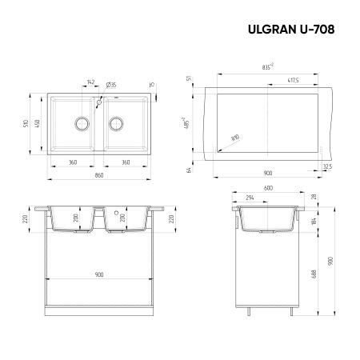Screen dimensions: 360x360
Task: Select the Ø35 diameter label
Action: pyautogui.click(x=111, y=82)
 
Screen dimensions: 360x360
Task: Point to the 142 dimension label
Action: pyautogui.click(x=90, y=82)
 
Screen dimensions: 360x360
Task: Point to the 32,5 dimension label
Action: pyautogui.click(x=327, y=166)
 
